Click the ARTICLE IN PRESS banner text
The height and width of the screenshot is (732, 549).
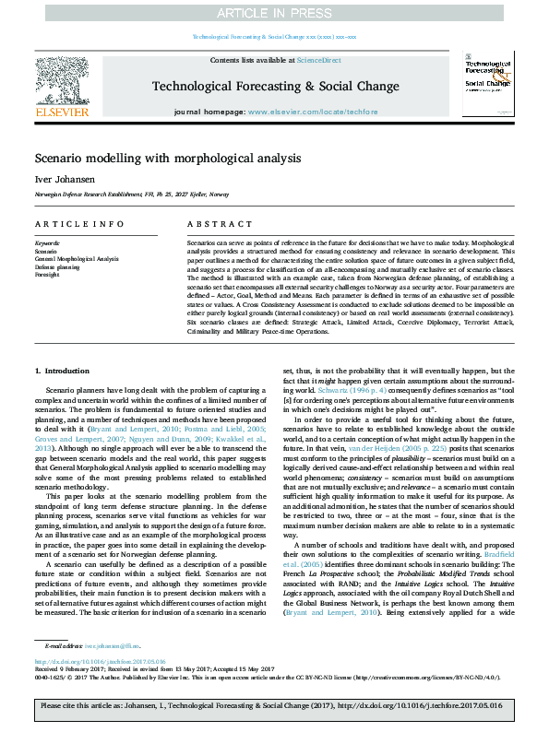(x=274, y=13)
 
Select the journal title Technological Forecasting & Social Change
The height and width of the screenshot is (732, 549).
(x=274, y=85)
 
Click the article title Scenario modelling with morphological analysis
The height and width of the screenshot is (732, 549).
(x=168, y=158)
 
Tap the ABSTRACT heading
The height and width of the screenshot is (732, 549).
(x=210, y=224)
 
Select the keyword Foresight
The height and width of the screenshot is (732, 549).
(x=47, y=274)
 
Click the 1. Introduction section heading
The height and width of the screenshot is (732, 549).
(x=63, y=370)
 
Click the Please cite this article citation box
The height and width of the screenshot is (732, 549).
(x=274, y=707)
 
